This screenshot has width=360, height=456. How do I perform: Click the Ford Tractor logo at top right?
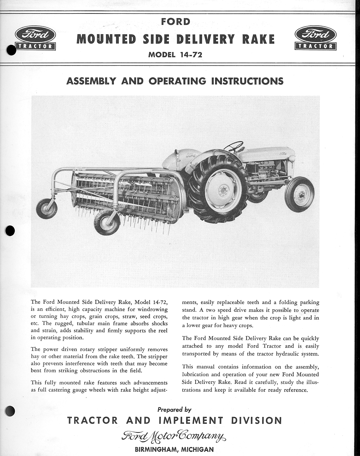(315, 38)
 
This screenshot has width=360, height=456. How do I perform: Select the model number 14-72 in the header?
(190, 54)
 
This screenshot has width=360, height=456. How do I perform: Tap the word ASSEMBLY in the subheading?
(91, 81)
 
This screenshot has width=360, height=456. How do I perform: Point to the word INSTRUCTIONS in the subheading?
(247, 81)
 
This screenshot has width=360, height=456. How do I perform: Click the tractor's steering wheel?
(234, 146)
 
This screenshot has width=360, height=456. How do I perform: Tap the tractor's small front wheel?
(299, 194)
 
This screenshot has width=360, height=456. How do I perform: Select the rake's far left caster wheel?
(47, 208)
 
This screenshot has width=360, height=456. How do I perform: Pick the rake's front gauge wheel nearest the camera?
(107, 222)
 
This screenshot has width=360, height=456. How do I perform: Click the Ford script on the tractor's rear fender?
(191, 155)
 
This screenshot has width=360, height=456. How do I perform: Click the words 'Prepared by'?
(174, 410)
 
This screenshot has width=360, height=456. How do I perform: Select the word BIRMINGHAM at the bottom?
(156, 450)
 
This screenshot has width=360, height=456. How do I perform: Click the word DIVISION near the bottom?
(256, 420)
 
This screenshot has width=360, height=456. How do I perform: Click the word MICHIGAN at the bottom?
(197, 450)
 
